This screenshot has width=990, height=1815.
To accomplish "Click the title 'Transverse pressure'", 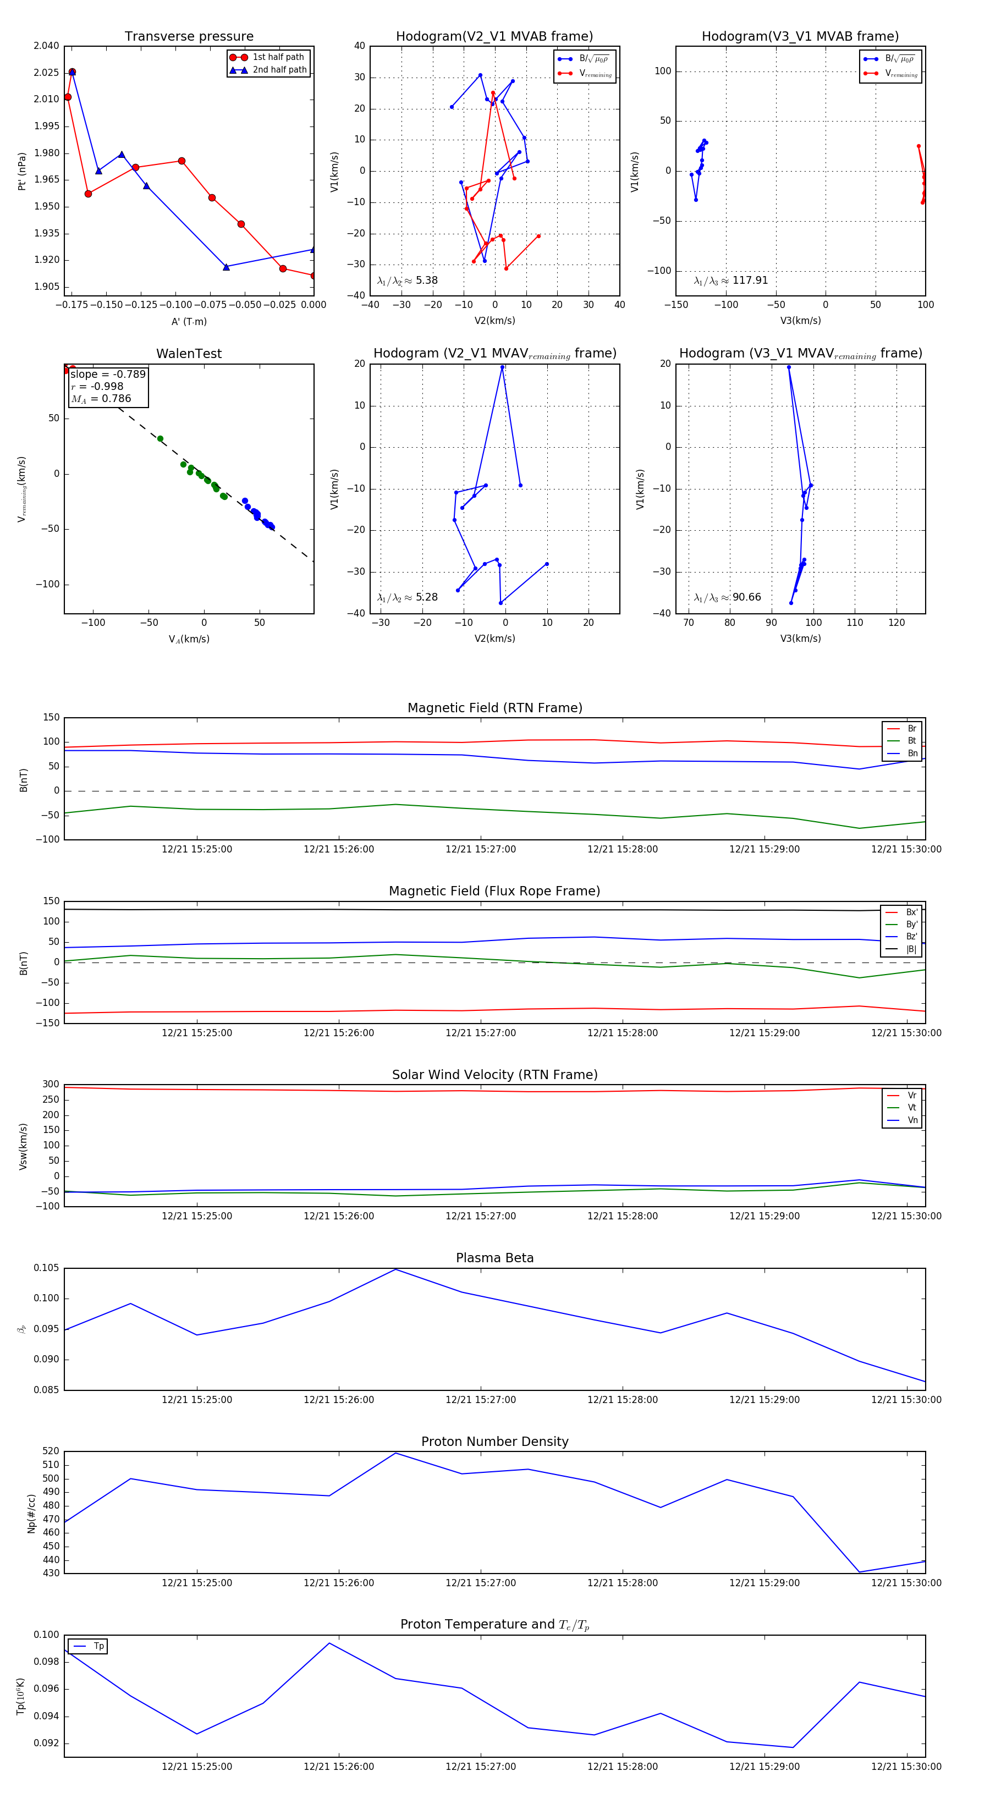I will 189,37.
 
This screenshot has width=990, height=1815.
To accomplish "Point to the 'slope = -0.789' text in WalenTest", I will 108,374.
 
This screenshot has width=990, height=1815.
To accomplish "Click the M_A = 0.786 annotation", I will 101,399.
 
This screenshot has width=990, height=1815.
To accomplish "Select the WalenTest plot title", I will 189,354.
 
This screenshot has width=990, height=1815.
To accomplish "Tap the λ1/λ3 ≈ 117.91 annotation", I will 731,280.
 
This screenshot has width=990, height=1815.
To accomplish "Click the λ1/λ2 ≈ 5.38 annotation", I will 407,280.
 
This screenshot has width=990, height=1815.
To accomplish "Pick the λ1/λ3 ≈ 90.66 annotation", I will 727,597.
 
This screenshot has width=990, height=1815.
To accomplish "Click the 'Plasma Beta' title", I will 494,1258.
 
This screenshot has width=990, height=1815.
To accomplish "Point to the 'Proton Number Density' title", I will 494,1442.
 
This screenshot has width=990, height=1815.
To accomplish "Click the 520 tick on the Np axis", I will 51,1451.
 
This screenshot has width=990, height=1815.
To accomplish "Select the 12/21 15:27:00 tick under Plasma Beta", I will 481,1400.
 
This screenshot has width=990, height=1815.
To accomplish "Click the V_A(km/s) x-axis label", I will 189,639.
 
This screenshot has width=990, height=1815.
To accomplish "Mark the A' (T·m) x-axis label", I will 189,322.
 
